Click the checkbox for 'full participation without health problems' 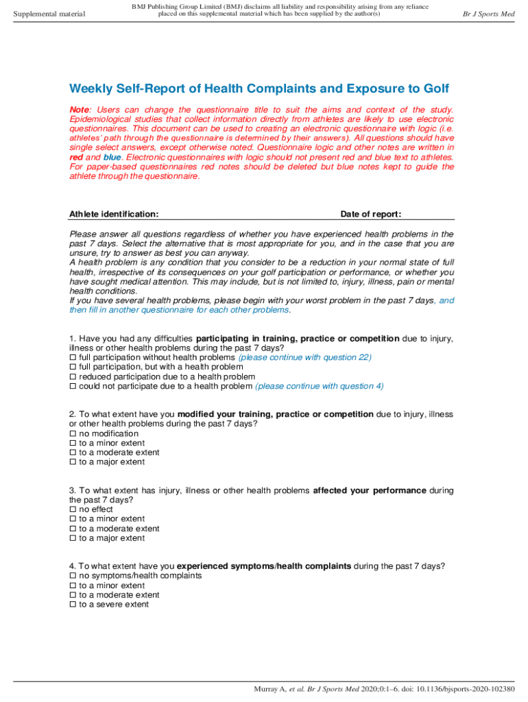[x=73, y=358]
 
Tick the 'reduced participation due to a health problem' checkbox [x=73, y=377]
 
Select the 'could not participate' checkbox [x=73, y=387]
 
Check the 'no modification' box [x=73, y=434]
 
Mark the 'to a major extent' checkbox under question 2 [x=73, y=462]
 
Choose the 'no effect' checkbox [x=73, y=510]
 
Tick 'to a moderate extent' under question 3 [x=73, y=529]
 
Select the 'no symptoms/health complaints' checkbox [x=73, y=577]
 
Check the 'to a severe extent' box [x=73, y=605]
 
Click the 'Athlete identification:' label [x=114, y=214]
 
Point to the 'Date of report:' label [x=371, y=214]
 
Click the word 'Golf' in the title [x=435, y=89]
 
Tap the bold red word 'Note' [x=80, y=110]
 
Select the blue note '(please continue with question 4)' [x=320, y=387]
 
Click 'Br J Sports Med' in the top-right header [x=488, y=14]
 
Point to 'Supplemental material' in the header [x=49, y=14]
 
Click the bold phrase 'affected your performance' [x=370, y=491]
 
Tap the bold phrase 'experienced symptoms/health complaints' [x=264, y=566]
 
